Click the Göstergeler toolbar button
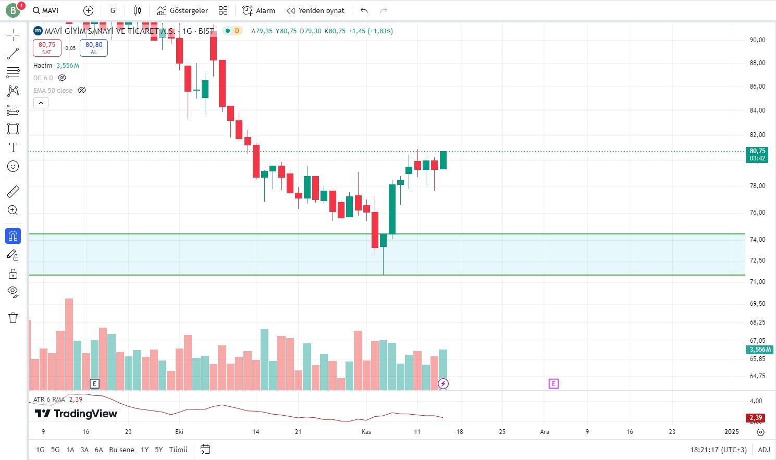point(182,10)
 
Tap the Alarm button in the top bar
point(259,10)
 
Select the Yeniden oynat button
point(316,10)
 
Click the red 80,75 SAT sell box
point(47,48)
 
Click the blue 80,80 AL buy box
point(94,48)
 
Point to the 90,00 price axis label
point(757,40)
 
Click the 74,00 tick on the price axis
point(757,240)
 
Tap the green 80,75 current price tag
point(757,155)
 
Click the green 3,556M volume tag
point(760,350)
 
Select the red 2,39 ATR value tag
point(756,418)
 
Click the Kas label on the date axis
point(366,432)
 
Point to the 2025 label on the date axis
point(732,432)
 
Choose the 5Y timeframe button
point(159,450)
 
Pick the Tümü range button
point(178,450)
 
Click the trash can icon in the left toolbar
point(13,318)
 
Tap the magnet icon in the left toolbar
point(13,236)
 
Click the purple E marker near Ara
point(553,384)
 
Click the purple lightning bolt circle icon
point(443,384)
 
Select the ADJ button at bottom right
point(763,450)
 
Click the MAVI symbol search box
point(46,10)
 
